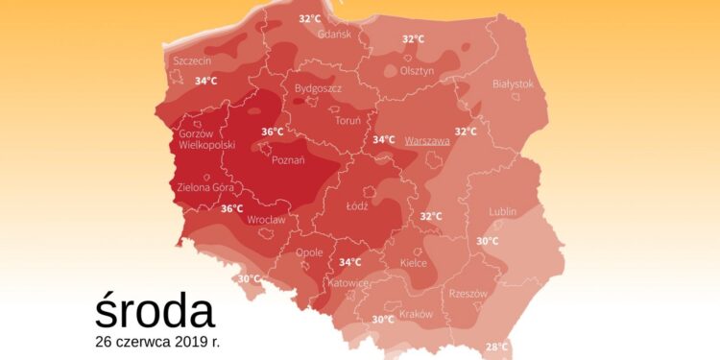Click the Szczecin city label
192,60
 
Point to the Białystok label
512,84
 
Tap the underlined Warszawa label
427,140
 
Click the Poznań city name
290,160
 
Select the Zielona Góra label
206,188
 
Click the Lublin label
502,211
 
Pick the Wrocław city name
267,220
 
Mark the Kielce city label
412,261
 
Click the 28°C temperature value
496,347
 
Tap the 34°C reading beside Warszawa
384,140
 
